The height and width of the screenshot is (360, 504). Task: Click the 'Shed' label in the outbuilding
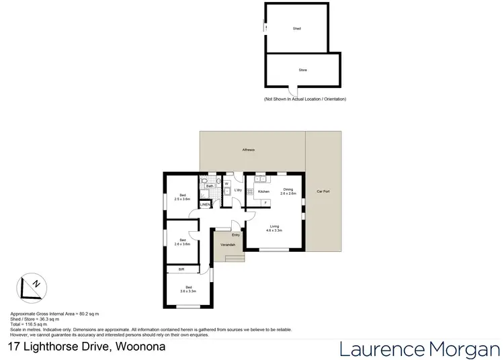point(296,29)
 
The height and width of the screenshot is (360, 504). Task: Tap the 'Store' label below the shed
point(302,70)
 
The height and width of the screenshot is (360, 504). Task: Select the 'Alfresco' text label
point(248,149)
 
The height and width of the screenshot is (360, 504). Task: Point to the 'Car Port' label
point(323,191)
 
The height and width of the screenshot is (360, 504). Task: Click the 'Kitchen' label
point(263,191)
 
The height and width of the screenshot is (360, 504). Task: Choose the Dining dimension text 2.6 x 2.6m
point(288,193)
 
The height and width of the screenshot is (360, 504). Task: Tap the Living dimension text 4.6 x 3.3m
point(274,230)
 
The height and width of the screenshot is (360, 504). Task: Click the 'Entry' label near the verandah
point(236,234)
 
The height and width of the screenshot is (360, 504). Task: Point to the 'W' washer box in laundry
point(226,183)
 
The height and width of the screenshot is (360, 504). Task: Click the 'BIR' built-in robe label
point(181,269)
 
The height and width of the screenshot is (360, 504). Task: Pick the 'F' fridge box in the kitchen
point(265,202)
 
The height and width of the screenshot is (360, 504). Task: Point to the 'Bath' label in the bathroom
point(210,186)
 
